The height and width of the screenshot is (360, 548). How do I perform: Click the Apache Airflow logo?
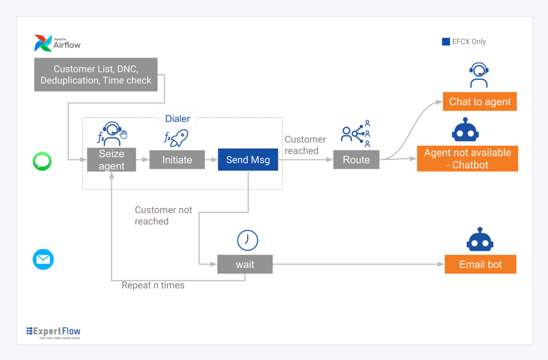57,43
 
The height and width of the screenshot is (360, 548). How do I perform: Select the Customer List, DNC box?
96,75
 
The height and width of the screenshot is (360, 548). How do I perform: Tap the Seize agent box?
111,159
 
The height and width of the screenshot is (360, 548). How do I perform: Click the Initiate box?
177,159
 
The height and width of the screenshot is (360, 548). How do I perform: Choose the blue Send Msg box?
248,159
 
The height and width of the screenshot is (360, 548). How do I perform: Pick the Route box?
356,159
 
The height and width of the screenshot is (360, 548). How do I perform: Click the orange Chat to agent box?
480,102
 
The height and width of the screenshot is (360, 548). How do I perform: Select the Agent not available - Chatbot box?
467,158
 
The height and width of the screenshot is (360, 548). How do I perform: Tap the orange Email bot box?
480,264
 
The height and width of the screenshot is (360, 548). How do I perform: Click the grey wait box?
245,264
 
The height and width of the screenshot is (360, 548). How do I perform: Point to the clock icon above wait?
247,240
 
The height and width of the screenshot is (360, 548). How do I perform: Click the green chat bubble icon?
42,162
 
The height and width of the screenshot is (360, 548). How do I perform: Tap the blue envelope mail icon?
43,259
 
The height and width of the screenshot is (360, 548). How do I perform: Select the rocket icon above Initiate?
177,138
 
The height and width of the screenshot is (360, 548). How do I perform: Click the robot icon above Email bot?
480,240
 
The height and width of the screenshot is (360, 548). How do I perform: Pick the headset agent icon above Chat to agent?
479,75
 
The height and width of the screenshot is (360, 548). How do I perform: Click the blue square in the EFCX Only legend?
446,42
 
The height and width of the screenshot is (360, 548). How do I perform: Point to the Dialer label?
178,119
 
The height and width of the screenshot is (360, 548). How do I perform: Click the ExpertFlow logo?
54,333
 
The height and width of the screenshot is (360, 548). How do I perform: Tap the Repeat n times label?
153,285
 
